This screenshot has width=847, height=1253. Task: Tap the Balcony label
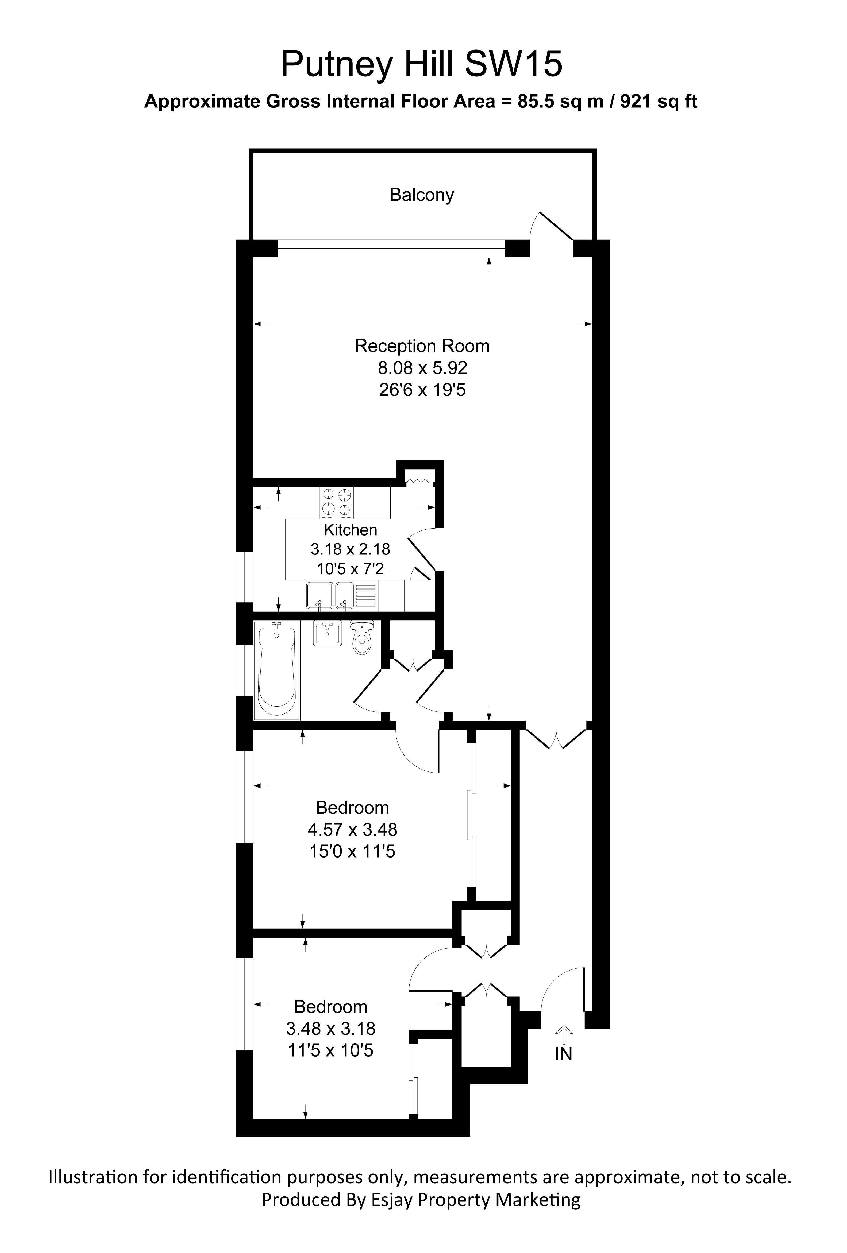click(421, 195)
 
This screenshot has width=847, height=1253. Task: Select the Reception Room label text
click(422, 346)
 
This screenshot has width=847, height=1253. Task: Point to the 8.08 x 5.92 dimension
click(422, 368)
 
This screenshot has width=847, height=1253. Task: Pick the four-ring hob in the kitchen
click(336, 502)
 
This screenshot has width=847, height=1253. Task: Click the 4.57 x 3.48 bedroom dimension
click(352, 829)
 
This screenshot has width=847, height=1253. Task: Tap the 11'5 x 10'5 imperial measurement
click(330, 1050)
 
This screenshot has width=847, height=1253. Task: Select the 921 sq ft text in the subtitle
click(659, 101)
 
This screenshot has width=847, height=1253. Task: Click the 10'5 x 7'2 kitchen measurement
click(350, 568)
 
